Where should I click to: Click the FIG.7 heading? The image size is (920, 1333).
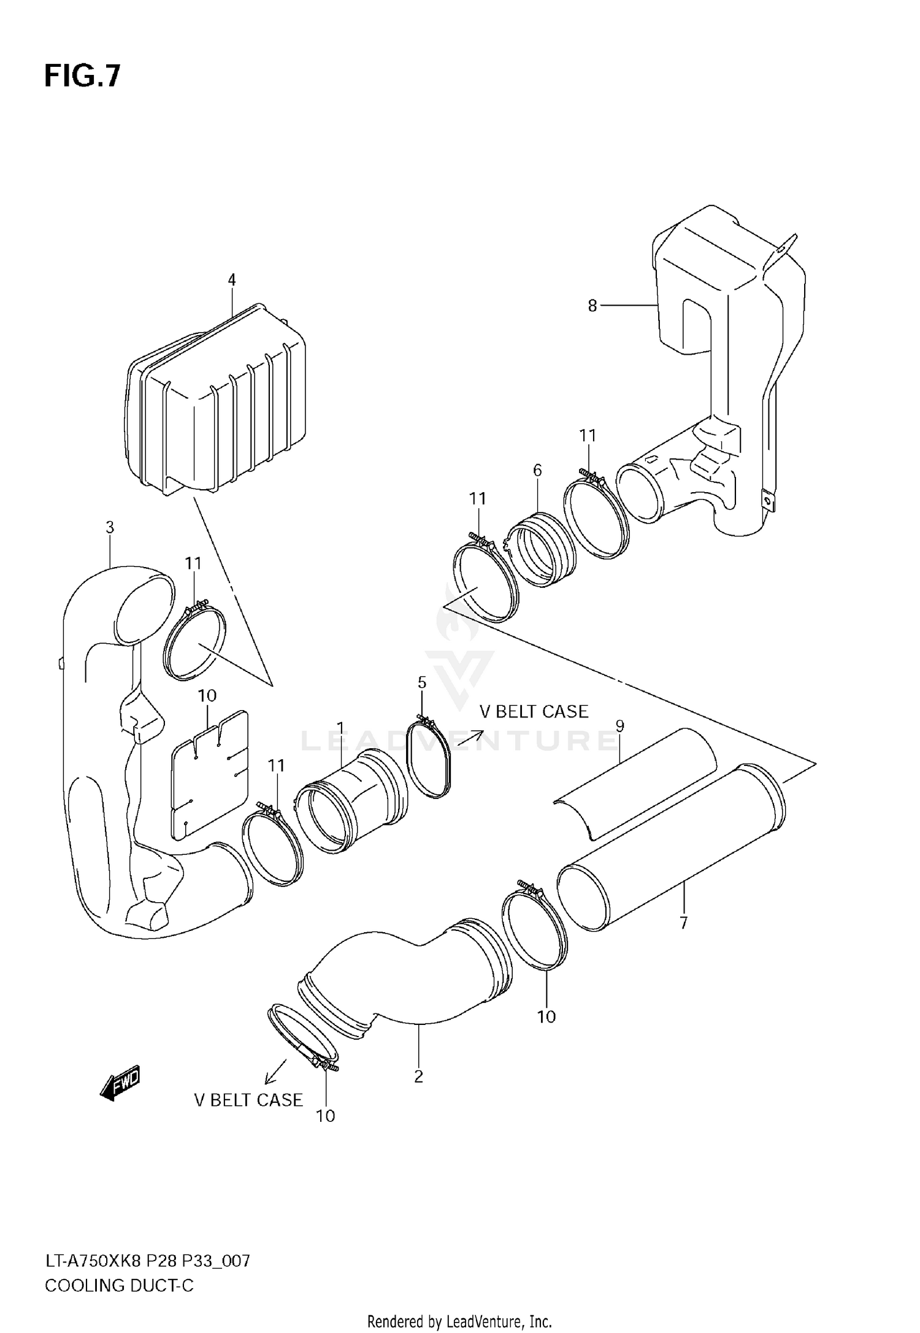pyautogui.click(x=82, y=77)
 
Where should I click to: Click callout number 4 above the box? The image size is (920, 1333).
pyautogui.click(x=231, y=280)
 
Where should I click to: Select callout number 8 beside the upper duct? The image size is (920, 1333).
pyautogui.click(x=592, y=306)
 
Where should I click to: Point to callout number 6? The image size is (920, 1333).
pyautogui.click(x=537, y=470)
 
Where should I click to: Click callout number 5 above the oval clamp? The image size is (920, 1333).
pyautogui.click(x=422, y=682)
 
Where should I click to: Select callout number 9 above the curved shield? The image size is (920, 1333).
pyautogui.click(x=619, y=726)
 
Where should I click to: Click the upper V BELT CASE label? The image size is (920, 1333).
pyautogui.click(x=534, y=711)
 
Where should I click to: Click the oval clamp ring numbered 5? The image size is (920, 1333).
pyautogui.click(x=429, y=760)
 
